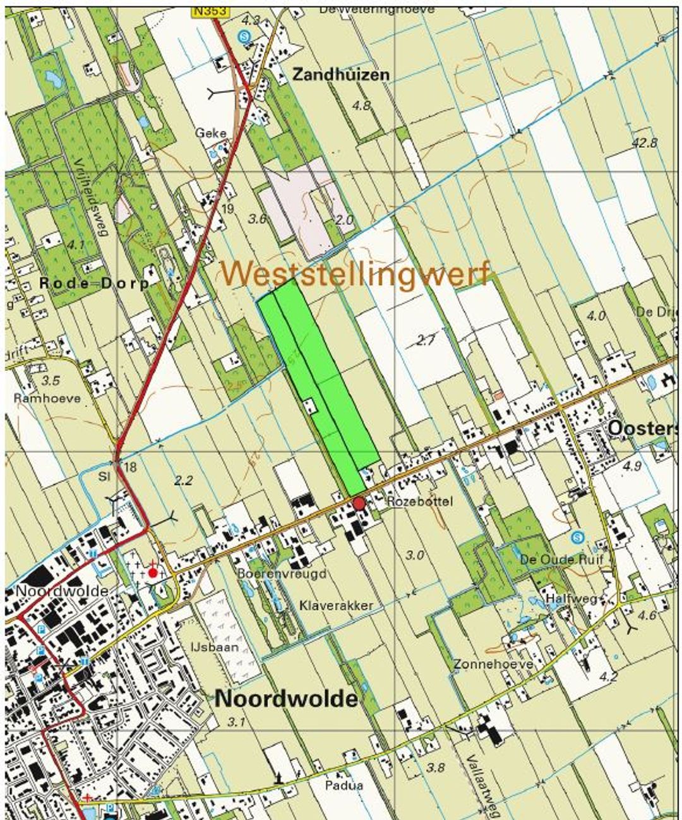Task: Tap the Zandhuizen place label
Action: pos(340,75)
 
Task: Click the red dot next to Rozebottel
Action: pos(359,503)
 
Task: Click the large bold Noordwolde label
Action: pos(286,699)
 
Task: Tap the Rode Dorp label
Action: pos(93,283)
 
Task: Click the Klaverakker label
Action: pos(337,605)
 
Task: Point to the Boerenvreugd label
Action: pos(282,574)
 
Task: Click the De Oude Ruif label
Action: pos(561,559)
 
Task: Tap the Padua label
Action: pos(344,785)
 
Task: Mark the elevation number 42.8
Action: pos(644,143)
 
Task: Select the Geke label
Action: pos(210,133)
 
